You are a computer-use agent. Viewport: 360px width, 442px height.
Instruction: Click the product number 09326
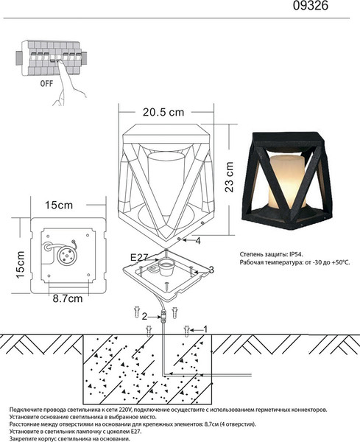click(311, 5)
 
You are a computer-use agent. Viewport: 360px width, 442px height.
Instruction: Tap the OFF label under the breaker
click(46, 83)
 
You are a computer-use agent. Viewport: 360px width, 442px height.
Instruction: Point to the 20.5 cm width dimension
click(163, 113)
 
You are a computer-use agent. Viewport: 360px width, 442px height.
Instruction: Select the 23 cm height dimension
click(230, 177)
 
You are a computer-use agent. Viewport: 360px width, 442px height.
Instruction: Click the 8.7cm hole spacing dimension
click(68, 299)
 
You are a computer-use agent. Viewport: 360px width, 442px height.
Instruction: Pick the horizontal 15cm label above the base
click(59, 206)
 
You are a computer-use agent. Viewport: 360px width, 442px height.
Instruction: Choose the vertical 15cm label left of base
click(21, 264)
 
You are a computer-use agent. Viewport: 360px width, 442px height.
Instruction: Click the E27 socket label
click(139, 257)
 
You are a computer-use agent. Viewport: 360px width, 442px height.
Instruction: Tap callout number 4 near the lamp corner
click(198, 241)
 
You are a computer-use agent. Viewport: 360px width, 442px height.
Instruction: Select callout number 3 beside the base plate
click(211, 270)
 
